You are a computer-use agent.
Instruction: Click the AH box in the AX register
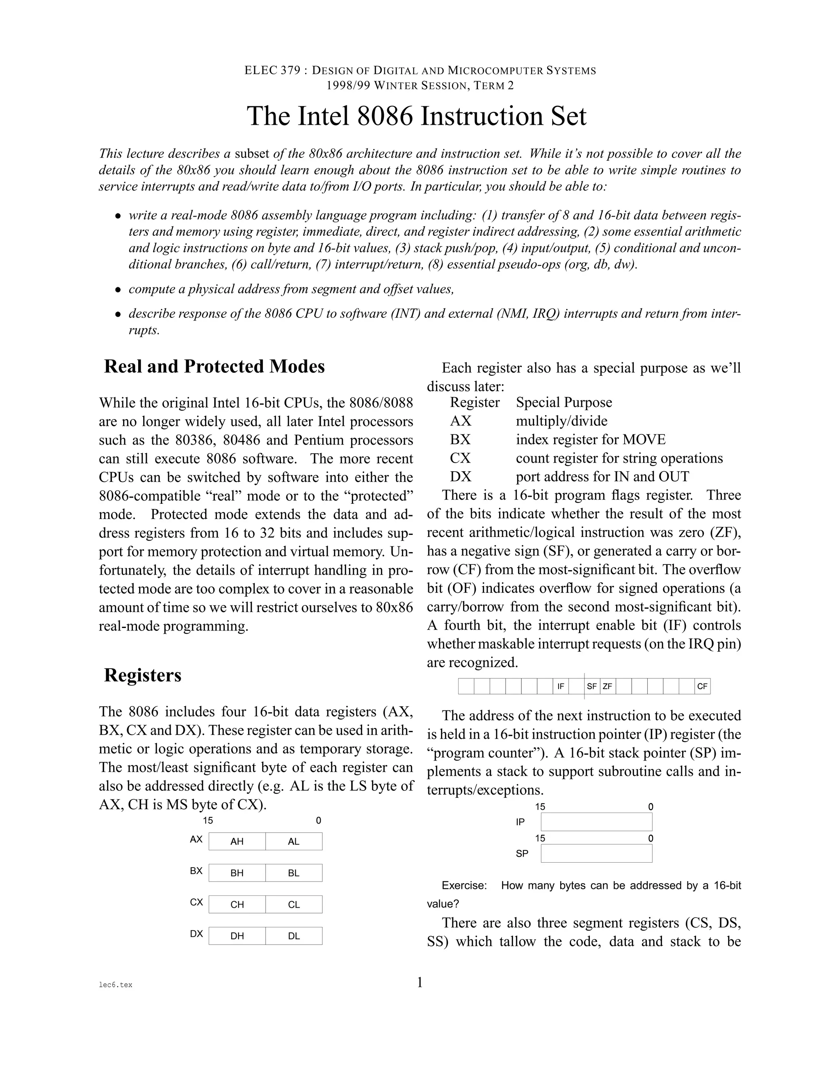coord(237,841)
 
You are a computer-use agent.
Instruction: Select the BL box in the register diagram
coord(294,872)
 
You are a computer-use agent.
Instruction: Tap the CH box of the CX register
coord(237,904)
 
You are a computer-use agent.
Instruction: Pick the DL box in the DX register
coord(294,936)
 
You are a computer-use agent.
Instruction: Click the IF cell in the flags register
coord(560,686)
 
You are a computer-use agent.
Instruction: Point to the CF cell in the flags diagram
coord(702,686)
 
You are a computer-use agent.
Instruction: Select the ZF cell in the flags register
coord(607,686)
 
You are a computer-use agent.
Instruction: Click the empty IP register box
coord(596,822)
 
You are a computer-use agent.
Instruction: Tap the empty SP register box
coord(596,853)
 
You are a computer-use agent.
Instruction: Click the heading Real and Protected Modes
coord(214,366)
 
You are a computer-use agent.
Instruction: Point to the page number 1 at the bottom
coord(420,982)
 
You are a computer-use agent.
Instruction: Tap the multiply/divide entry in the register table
coord(562,421)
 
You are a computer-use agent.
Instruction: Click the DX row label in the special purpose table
coord(460,477)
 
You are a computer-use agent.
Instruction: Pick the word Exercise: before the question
coord(464,886)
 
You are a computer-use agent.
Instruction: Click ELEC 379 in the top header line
coord(273,71)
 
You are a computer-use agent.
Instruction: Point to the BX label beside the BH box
coord(196,870)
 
